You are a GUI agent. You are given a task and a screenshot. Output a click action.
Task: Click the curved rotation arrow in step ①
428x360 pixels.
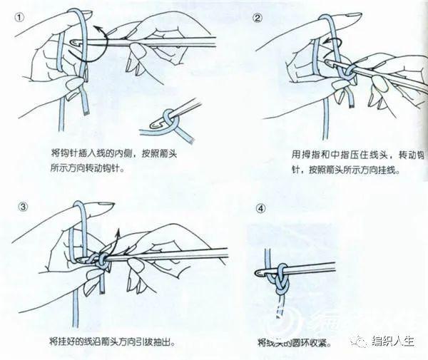tap(101, 36)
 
